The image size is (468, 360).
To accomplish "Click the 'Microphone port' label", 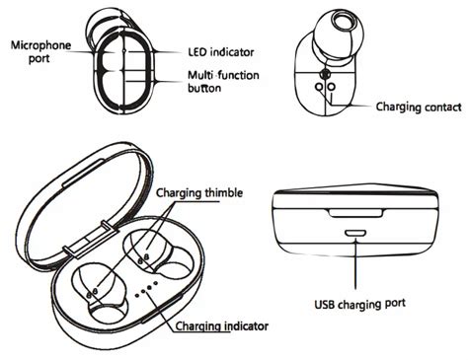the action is tap(40, 52).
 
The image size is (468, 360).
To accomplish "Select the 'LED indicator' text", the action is tap(221, 52).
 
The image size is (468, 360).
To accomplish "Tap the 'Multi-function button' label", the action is tap(223, 81).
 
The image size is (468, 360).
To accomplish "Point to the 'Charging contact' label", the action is tap(419, 108).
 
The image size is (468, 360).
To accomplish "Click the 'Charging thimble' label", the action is tap(199, 192).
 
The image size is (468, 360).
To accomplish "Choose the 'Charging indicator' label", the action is tap(221, 326).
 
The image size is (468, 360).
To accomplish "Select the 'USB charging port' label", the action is tap(360, 304).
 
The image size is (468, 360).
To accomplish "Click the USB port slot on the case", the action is tap(355, 234).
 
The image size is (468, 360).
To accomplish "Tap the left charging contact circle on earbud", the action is tap(319, 87).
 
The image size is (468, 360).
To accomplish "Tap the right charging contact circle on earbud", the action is tap(332, 87).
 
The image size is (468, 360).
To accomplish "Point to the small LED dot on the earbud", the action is tap(124, 51).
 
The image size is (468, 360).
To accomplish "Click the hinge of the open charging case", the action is tap(90, 239).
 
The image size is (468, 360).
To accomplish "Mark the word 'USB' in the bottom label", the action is tap(325, 304).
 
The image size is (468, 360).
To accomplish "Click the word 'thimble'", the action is tap(224, 192).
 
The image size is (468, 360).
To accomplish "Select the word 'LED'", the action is tap(197, 52).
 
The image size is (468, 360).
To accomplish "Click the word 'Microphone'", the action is tap(40, 45).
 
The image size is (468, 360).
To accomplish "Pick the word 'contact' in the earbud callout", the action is tap(443, 107).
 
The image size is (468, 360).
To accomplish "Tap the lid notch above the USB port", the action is tap(356, 212).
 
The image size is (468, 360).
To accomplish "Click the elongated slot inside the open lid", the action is tap(83, 173).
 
